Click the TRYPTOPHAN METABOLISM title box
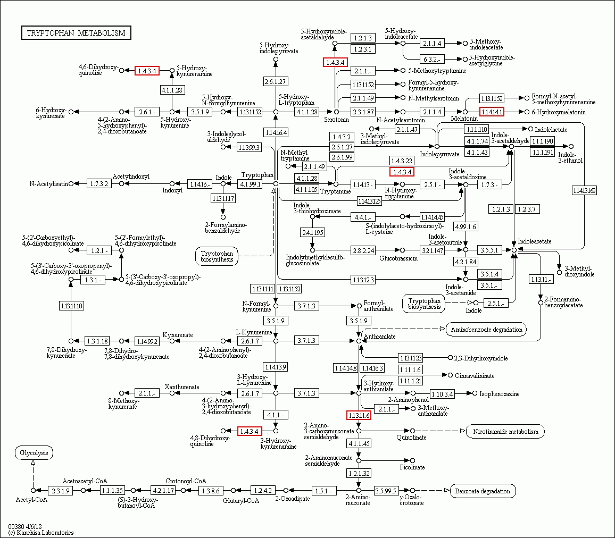click(76, 33)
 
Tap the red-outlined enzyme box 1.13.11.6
click(359, 415)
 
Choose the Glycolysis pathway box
click(34, 453)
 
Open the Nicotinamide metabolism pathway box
click(505, 431)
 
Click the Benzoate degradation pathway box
click(483, 491)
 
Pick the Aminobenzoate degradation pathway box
click(486, 329)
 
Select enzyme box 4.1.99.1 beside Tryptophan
click(250, 184)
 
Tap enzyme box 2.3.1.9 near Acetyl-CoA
click(60, 490)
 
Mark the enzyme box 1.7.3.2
click(99, 183)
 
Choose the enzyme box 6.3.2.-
click(431, 58)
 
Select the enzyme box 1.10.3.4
click(442, 393)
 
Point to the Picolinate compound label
click(412, 467)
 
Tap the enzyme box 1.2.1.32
click(359, 473)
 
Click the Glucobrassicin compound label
click(398, 258)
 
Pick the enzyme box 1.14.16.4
click(276, 132)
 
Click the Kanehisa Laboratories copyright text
click(41, 532)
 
